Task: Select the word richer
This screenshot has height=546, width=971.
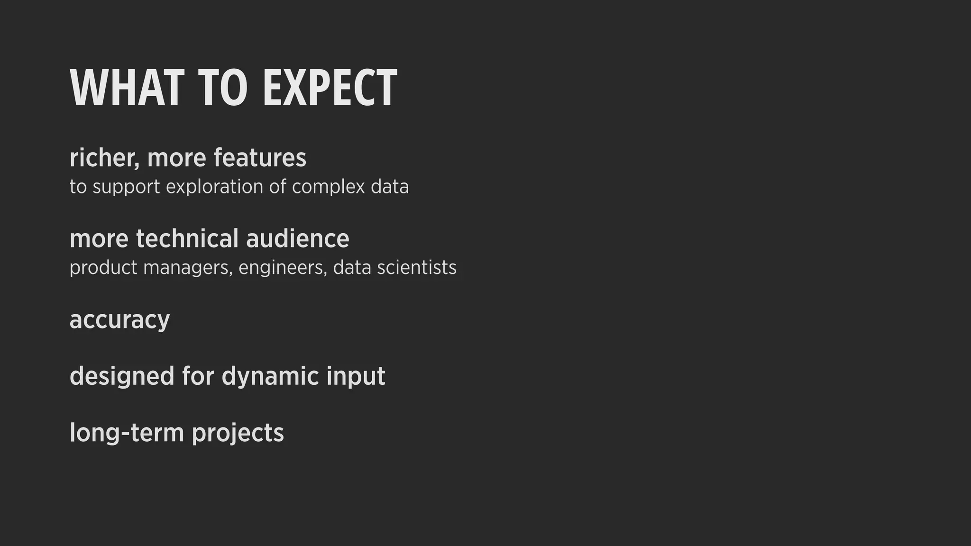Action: (103, 158)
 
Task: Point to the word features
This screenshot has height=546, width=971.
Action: (260, 158)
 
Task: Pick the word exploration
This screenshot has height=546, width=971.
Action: (214, 186)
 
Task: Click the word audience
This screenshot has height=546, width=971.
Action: (298, 238)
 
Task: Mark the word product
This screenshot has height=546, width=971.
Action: (103, 268)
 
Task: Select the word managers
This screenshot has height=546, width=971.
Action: (188, 268)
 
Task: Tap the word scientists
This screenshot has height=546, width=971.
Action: (417, 267)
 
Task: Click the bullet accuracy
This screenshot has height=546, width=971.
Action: (119, 320)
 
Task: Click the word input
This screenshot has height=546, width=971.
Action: (356, 377)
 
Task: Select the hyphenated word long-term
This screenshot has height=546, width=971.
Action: (127, 433)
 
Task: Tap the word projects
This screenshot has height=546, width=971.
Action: (238, 434)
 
